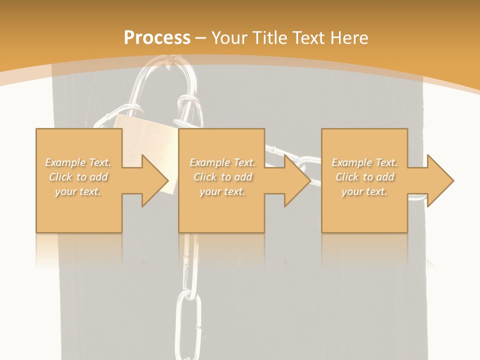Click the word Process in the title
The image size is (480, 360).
pyautogui.click(x=157, y=38)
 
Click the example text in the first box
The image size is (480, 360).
pyautogui.click(x=78, y=177)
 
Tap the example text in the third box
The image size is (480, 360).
pyautogui.click(x=364, y=177)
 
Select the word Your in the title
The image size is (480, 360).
pyautogui.click(x=228, y=38)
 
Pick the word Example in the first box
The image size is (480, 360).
pyautogui.click(x=65, y=162)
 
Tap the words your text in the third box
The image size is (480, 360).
pyautogui.click(x=364, y=191)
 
